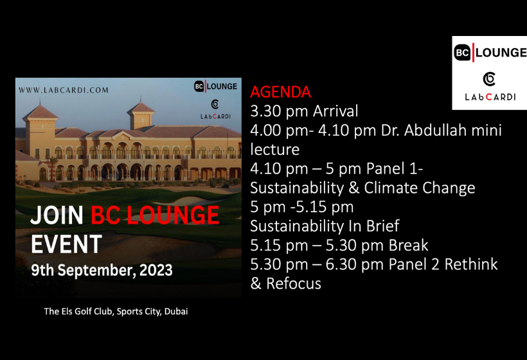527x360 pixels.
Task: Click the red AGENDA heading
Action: tap(281, 92)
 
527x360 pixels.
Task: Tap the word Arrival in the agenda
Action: tap(335, 111)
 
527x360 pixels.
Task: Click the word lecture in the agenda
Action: tap(274, 150)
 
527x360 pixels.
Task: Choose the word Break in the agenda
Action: tap(408, 246)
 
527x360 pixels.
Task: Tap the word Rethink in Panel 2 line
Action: tap(471, 265)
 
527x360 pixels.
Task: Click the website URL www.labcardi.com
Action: tap(64, 90)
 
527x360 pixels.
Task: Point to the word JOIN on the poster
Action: tap(57, 215)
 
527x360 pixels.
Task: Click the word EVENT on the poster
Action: tap(66, 244)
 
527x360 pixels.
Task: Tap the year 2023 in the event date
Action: tap(156, 270)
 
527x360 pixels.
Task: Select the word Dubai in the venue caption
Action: tap(176, 312)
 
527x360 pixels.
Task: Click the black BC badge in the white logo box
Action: tap(462, 53)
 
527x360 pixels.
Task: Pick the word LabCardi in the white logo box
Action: tap(490, 97)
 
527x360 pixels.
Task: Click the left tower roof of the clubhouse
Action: tap(40, 112)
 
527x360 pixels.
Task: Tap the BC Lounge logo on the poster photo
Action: tap(215, 86)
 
